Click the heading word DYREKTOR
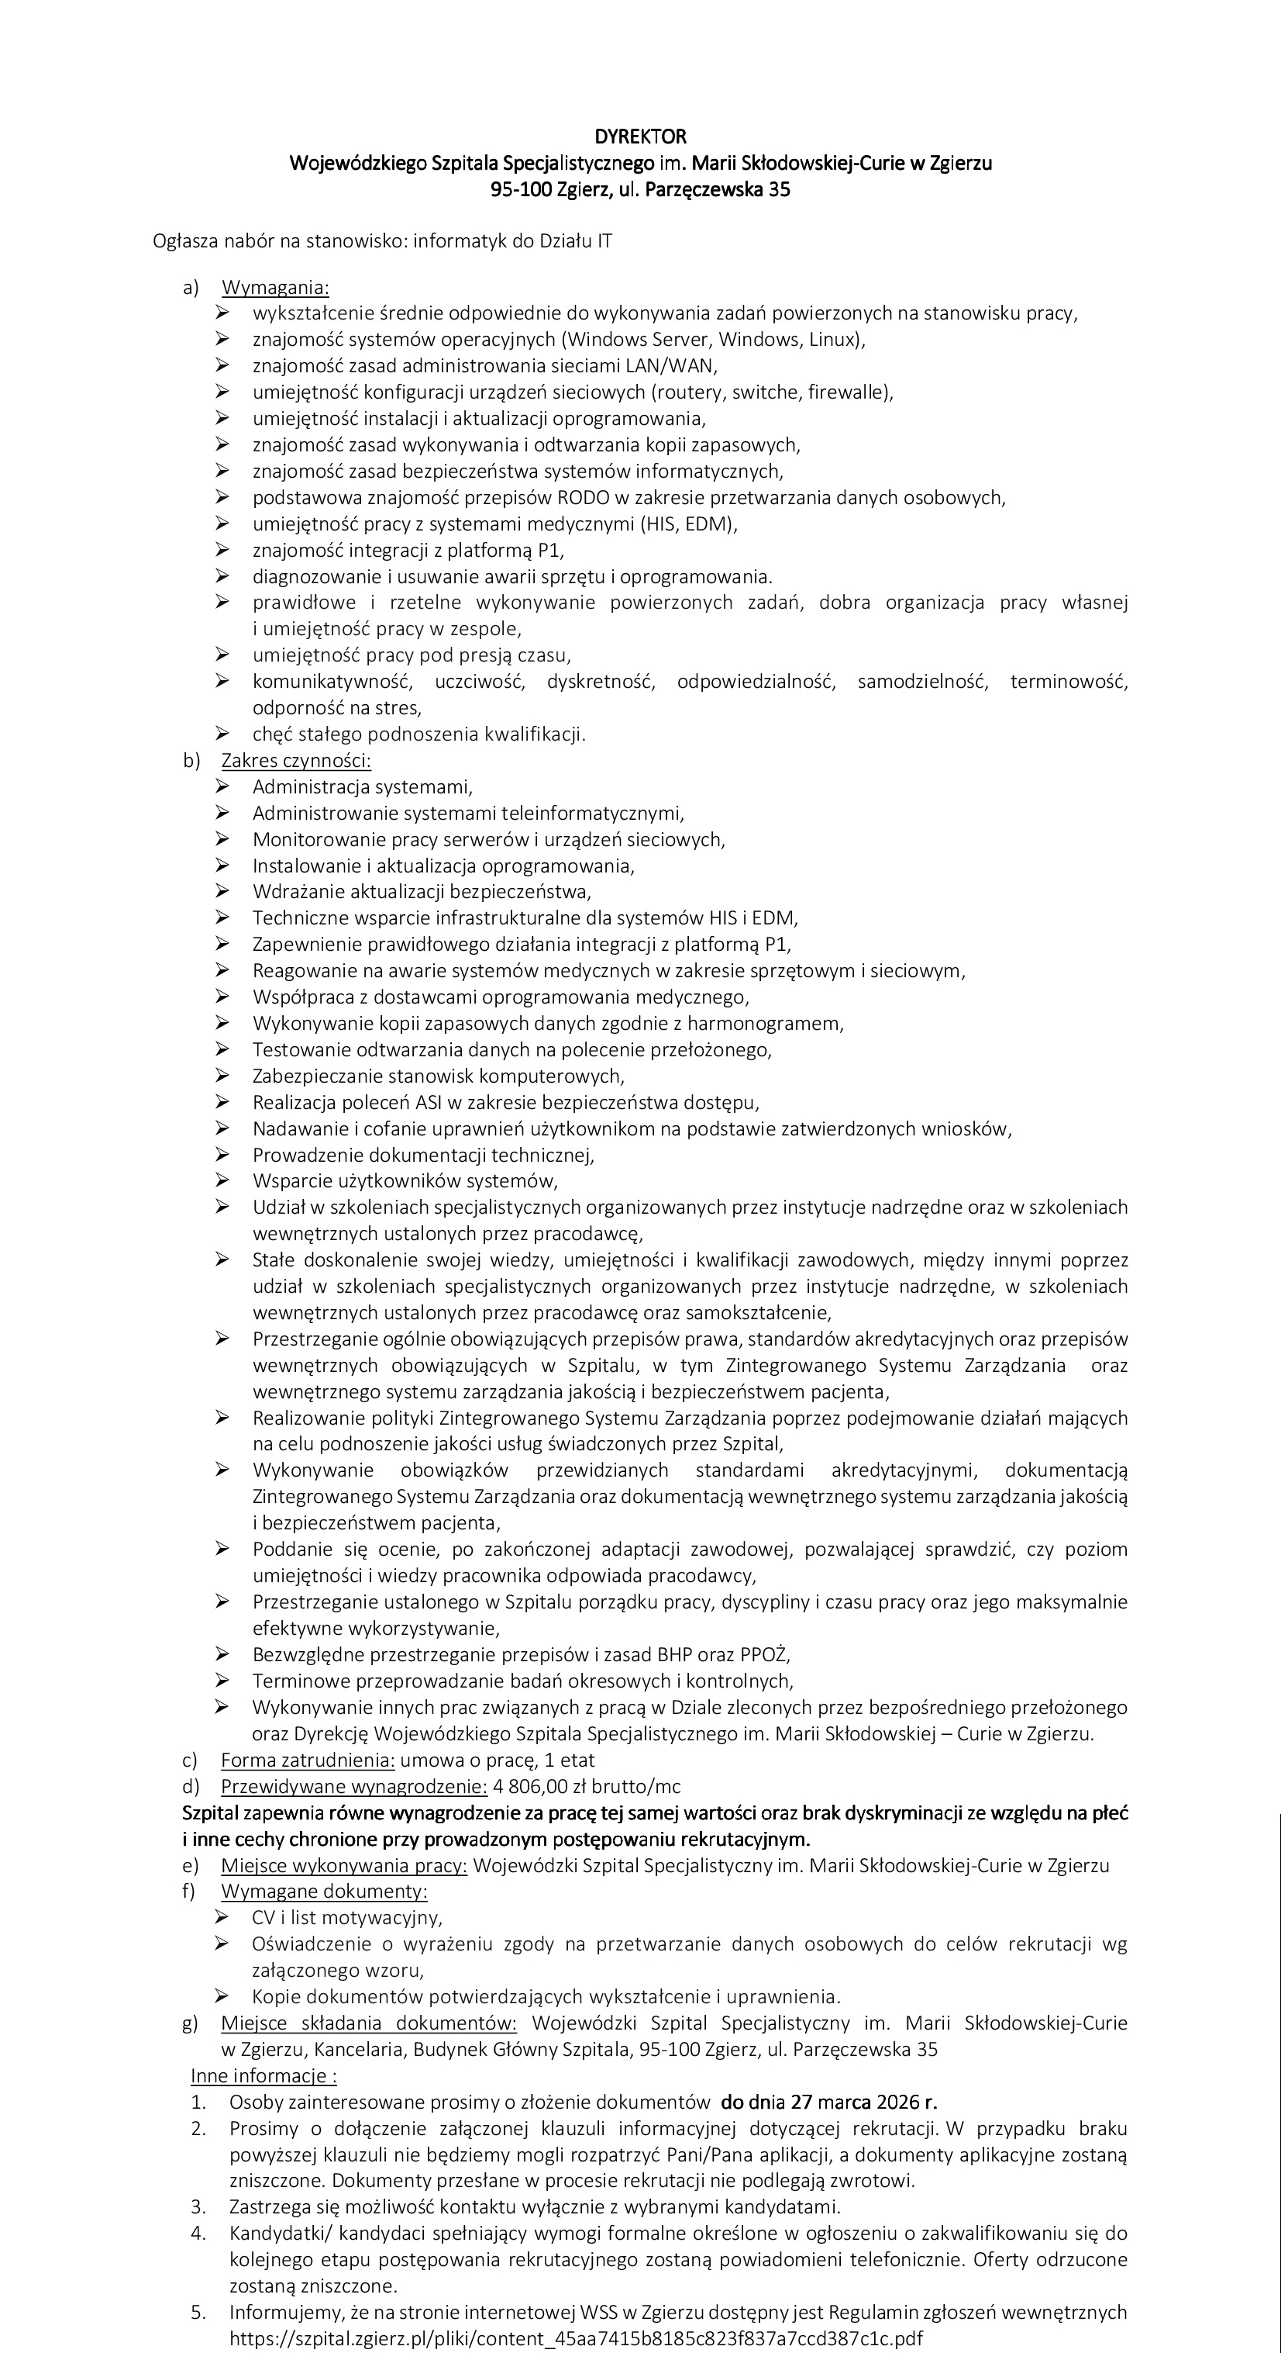640,137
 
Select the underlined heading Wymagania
275,288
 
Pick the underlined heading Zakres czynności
296,761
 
